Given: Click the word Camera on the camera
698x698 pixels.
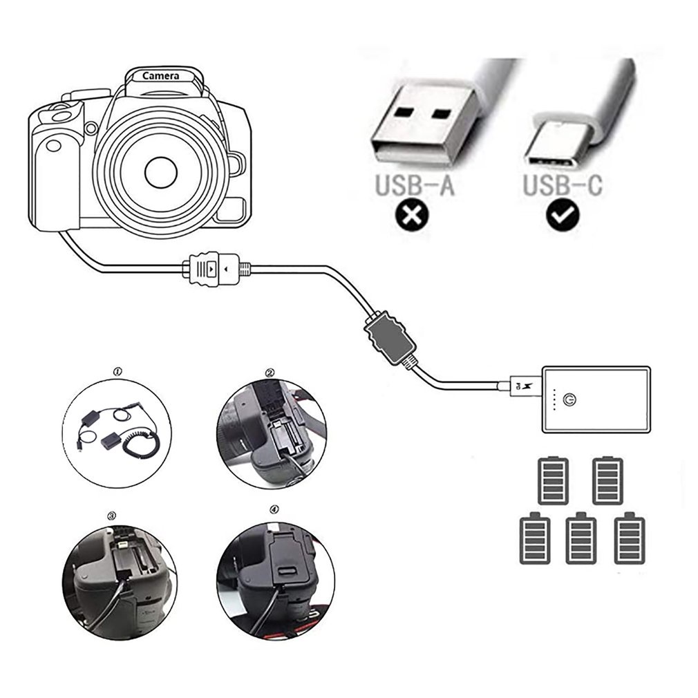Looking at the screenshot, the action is pos(160,76).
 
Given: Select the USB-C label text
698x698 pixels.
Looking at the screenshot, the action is pos(562,185).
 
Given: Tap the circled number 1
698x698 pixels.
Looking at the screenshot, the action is pos(117,372).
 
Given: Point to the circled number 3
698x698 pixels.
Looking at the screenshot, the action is pos(111,515).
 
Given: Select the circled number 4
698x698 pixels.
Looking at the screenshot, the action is pos(274,510).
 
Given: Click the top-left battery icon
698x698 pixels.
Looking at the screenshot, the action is pos(554,480).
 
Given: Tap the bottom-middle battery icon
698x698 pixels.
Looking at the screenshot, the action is pos(581,539).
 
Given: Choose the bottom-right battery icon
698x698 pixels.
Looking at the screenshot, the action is pos(630,539).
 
